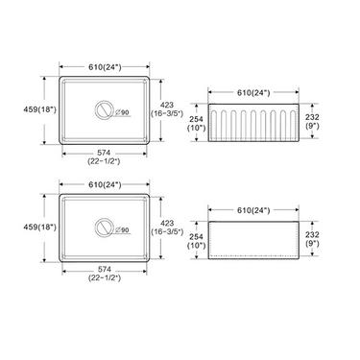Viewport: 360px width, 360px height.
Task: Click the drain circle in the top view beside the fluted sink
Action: coord(101,111)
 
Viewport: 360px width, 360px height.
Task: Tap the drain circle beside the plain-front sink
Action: coord(101,228)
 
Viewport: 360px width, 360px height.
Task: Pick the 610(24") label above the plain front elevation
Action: coord(253,208)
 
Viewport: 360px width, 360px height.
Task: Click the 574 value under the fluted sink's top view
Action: coord(104,155)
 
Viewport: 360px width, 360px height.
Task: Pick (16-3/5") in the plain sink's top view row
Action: coord(167,231)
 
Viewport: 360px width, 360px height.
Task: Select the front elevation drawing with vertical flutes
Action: coord(253,122)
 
